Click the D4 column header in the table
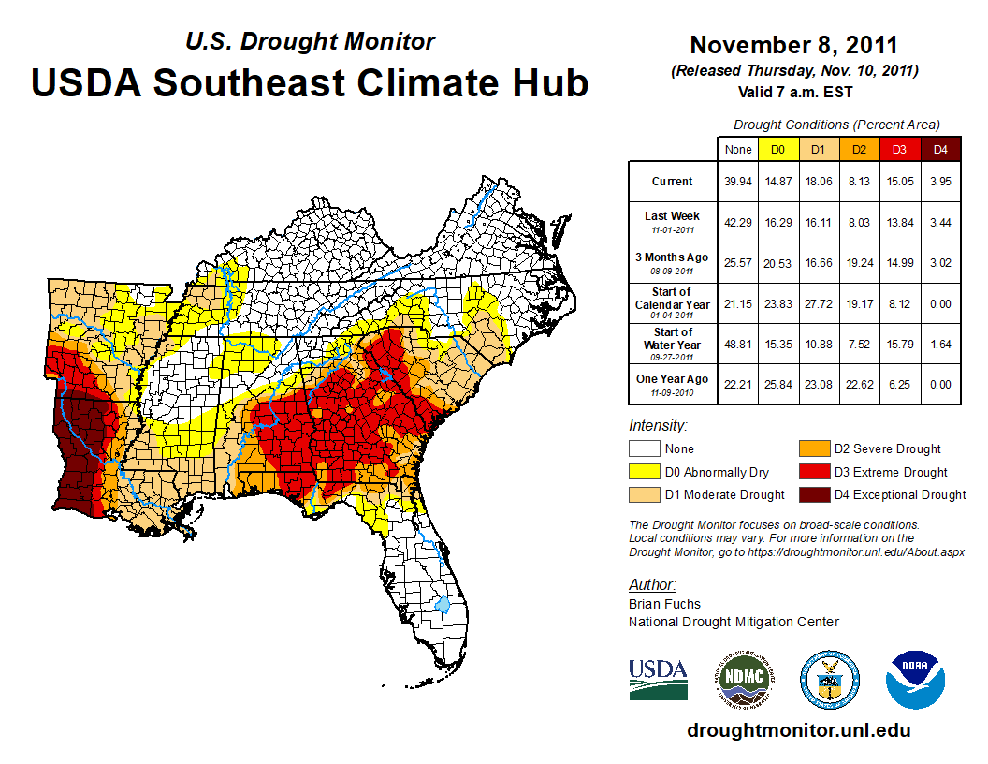[941, 149]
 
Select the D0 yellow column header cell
[777, 149]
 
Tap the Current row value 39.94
[737, 182]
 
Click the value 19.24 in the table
[859, 262]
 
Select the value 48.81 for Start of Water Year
[737, 344]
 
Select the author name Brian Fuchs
[664, 604]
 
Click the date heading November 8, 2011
[793, 46]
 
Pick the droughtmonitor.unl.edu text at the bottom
[798, 730]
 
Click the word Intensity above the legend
[658, 426]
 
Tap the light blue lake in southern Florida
[443, 603]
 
